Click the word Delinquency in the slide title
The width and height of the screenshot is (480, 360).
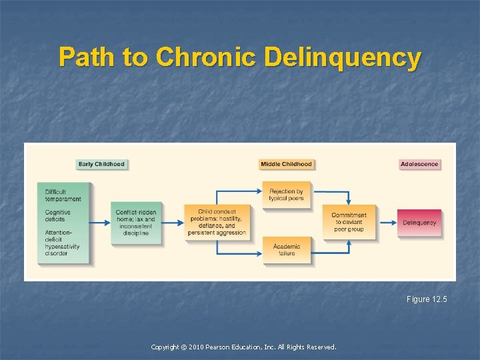coord(342,57)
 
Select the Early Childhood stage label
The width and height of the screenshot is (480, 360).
coord(101,164)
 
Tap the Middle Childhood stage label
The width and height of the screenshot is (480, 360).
coord(286,164)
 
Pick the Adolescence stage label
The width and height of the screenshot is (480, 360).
coord(419,164)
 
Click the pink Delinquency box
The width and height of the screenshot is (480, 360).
coord(419,223)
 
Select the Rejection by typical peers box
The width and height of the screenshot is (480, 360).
coord(286,195)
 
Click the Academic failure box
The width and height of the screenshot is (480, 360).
coord(286,249)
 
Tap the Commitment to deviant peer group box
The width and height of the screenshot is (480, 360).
coord(349,223)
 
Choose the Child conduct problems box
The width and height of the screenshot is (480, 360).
coord(217,223)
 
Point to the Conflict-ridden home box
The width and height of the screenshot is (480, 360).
coord(136,223)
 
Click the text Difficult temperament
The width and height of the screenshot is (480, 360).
coord(63,195)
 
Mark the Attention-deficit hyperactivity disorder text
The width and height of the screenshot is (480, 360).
coord(63,243)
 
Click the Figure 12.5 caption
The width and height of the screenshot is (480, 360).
coord(427,299)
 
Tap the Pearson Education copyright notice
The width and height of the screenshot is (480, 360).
coord(243,347)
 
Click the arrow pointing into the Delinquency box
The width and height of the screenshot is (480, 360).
coord(387,223)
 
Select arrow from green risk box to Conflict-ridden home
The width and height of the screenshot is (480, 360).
coord(100,223)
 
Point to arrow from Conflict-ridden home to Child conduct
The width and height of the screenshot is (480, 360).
coord(172,223)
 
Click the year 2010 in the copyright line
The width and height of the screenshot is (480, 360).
coord(198,347)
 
